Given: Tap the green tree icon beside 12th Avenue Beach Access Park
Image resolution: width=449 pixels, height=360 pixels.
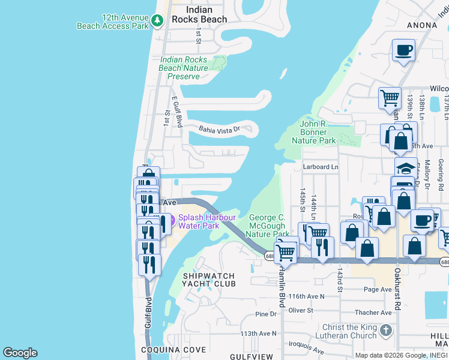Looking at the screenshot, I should pyautogui.click(x=157, y=22).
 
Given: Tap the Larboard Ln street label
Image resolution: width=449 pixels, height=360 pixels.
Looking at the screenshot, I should pyautogui.click(x=321, y=167).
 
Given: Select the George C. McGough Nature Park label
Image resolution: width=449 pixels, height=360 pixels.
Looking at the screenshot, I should pyautogui.click(x=268, y=225).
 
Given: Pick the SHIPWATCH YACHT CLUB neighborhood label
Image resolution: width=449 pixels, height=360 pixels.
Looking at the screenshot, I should pyautogui.click(x=209, y=280).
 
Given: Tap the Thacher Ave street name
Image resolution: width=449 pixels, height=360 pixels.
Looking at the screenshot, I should pyautogui.click(x=373, y=313).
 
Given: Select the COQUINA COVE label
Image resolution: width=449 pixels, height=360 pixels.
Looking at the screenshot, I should pyautogui.click(x=173, y=350).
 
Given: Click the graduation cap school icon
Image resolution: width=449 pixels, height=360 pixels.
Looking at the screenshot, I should pyautogui.click(x=406, y=168).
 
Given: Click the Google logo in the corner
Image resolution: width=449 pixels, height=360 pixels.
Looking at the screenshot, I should pyautogui.click(x=20, y=353).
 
